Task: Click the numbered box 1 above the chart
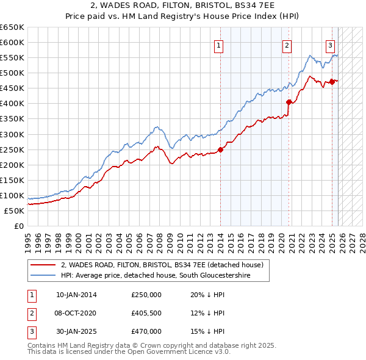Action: [x=218, y=45]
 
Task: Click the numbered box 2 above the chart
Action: [x=287, y=45]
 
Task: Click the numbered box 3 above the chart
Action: [x=330, y=45]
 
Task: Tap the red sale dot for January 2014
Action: [x=221, y=150]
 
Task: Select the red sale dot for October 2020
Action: [x=289, y=103]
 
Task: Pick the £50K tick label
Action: [x=15, y=211]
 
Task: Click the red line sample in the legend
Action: [x=43, y=265]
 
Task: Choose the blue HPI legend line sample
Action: [x=43, y=276]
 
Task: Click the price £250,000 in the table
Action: [x=146, y=295]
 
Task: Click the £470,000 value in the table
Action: [x=146, y=331]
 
